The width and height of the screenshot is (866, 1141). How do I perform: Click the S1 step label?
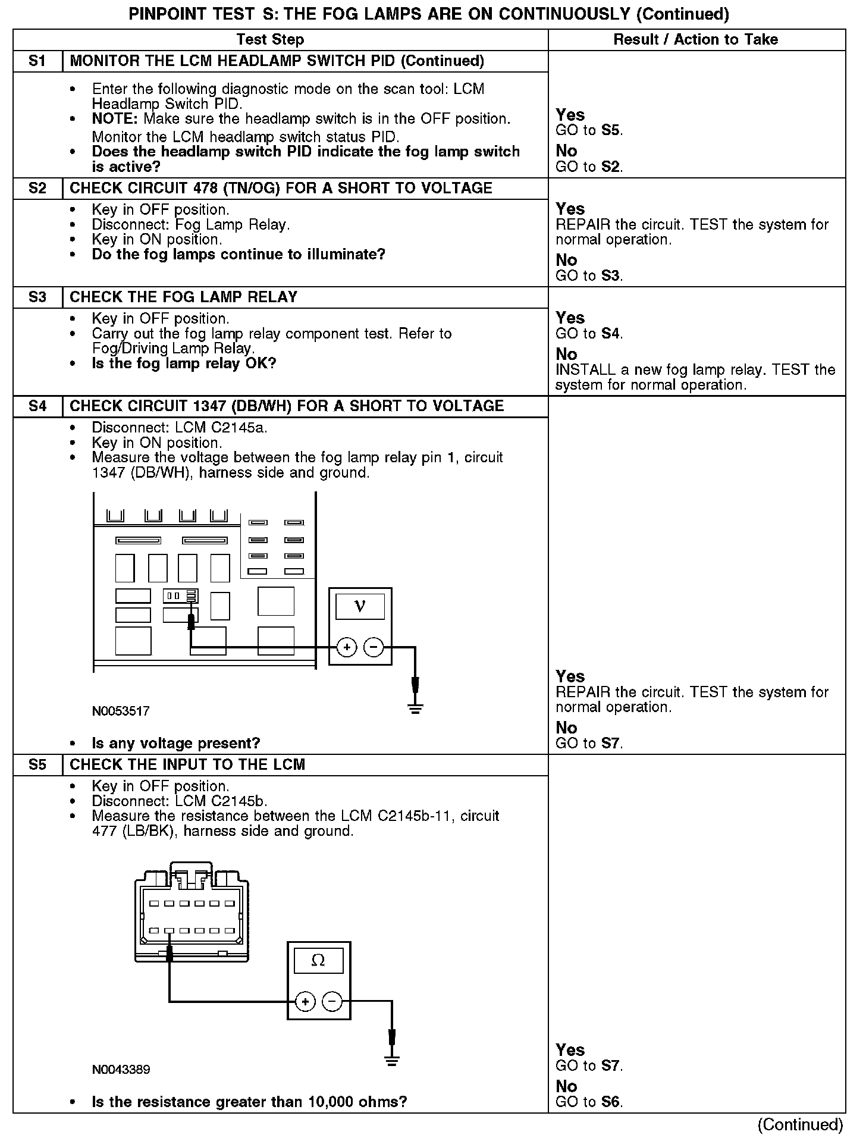coord(37,61)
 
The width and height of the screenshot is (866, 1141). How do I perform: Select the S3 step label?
coord(37,297)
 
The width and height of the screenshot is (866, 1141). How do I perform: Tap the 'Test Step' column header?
coord(270,40)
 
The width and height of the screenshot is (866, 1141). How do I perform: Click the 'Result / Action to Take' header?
coord(695,40)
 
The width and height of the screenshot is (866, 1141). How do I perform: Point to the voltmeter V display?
coord(360,607)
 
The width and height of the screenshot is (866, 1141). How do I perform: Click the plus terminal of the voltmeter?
coord(346,647)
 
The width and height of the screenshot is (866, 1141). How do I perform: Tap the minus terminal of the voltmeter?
coord(374,647)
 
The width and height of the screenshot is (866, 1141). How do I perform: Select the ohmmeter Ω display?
coord(318,961)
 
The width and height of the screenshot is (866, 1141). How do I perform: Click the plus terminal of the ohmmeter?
coord(305,1002)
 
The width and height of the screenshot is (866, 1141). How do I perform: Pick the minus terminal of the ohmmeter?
coord(332,1002)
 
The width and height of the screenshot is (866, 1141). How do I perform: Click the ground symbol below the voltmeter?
coord(415,707)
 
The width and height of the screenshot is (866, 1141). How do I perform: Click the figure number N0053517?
coord(121,711)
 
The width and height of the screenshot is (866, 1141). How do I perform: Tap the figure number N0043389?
coord(121,1070)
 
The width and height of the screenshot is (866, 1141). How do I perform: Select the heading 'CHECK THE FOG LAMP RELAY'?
coord(184,297)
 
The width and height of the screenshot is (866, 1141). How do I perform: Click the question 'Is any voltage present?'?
coord(176,743)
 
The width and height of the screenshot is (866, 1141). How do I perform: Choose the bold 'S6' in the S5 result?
coord(611,1102)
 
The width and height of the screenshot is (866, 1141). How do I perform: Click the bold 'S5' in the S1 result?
coord(611,130)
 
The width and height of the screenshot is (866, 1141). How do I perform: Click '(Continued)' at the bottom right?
coord(800,1124)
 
